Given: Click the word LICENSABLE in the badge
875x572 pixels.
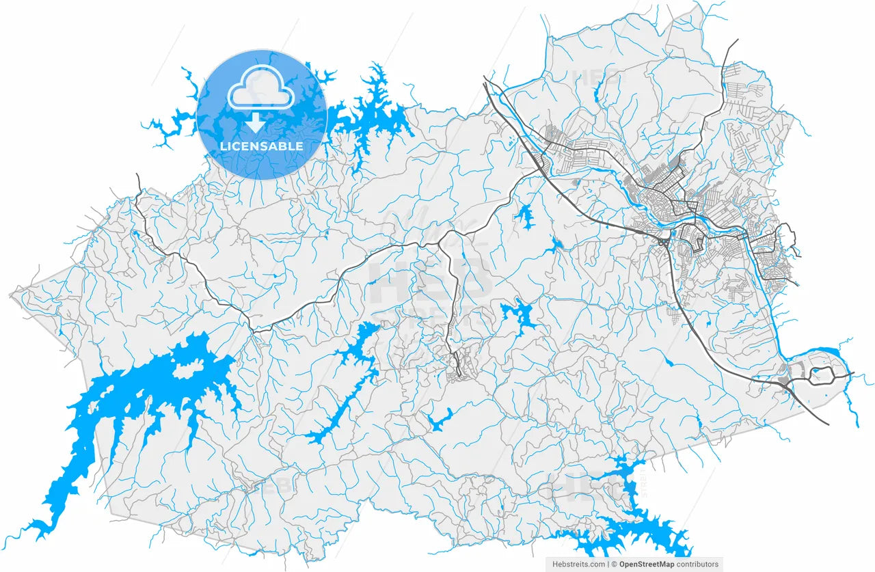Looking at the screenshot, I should [x=261, y=146].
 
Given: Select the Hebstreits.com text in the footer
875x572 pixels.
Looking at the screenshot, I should [x=578, y=564].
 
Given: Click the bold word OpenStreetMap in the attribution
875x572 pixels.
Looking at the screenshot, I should [x=646, y=564].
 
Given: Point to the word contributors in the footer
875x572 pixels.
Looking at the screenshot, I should [x=697, y=564].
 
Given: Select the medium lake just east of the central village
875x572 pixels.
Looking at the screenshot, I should [x=520, y=315].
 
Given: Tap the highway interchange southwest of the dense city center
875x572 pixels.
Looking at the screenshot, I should [x=664, y=241].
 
